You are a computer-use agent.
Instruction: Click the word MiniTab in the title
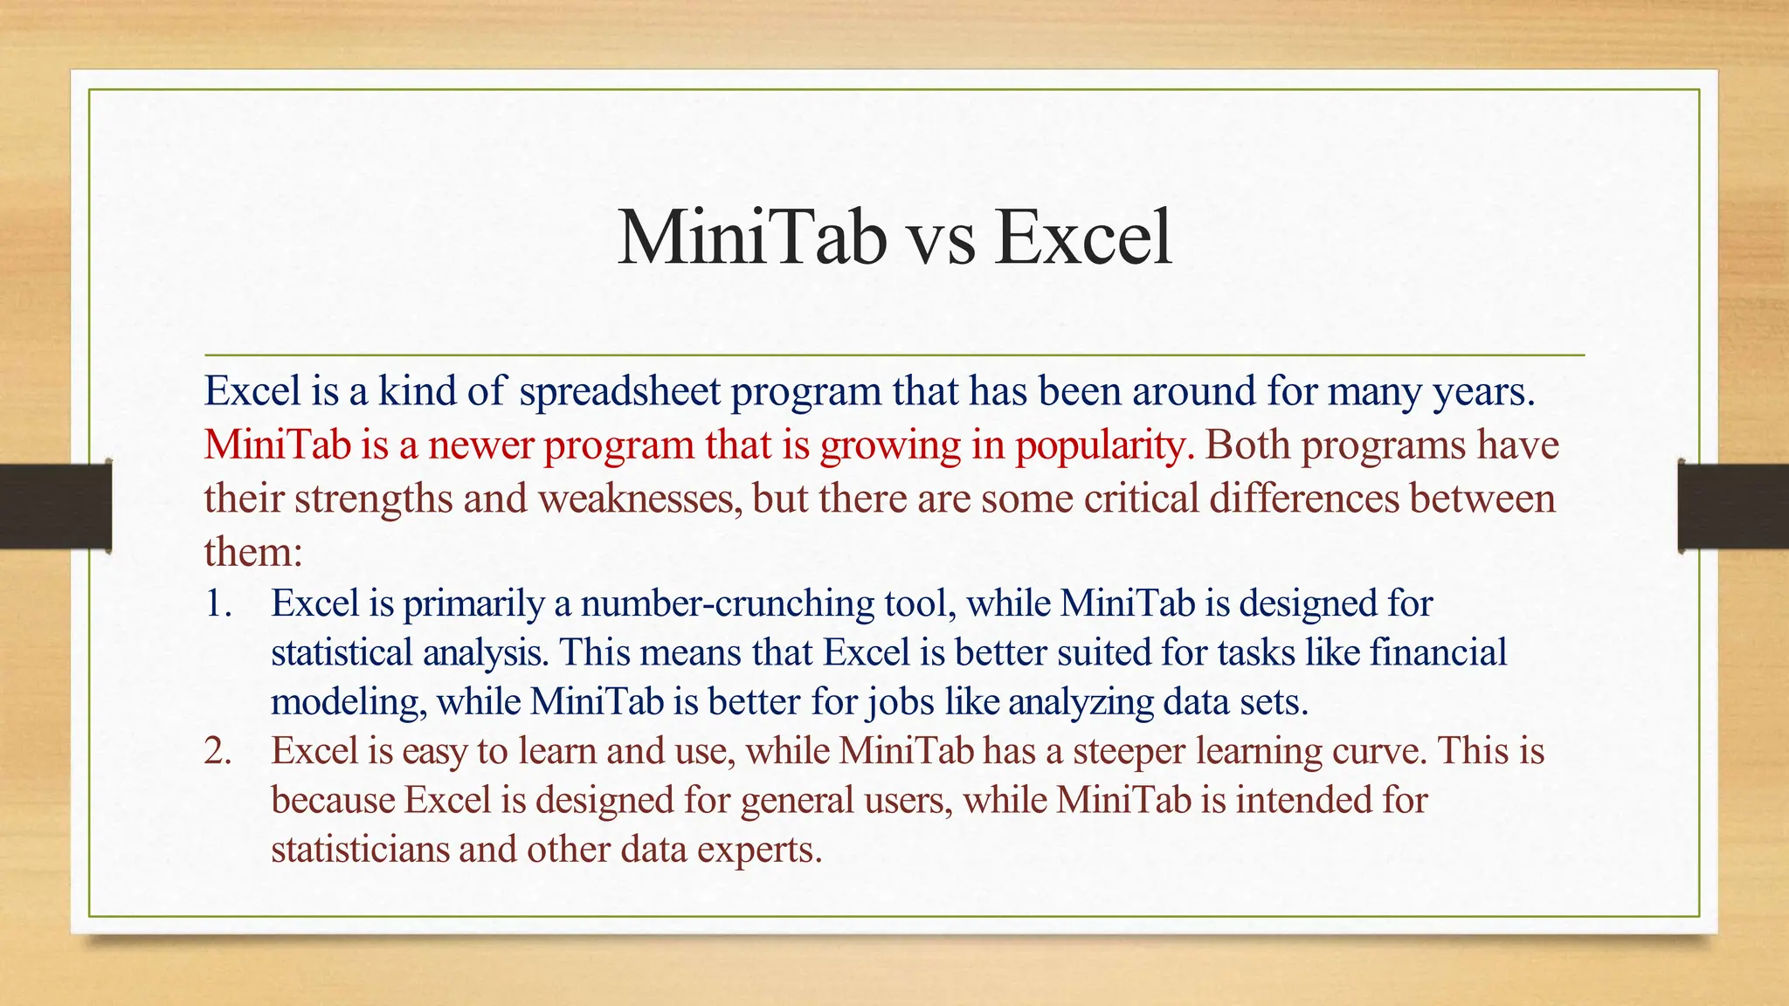(750, 238)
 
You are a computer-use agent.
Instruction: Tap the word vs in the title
(939, 240)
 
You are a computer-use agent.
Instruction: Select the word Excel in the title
(1083, 238)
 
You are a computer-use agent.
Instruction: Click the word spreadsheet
(620, 392)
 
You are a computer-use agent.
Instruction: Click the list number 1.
(218, 603)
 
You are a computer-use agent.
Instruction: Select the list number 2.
(218, 751)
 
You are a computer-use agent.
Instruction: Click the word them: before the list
(253, 552)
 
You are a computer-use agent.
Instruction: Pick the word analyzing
(1081, 703)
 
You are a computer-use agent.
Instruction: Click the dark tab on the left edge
(55, 506)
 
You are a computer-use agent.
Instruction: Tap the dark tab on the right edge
(1733, 506)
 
